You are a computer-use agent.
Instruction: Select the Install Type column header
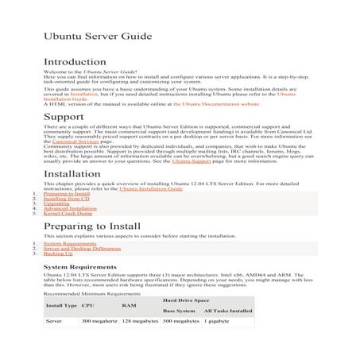coord(61,305)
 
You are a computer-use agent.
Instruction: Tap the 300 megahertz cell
coord(100,321)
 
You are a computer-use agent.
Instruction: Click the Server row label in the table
coord(54,321)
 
